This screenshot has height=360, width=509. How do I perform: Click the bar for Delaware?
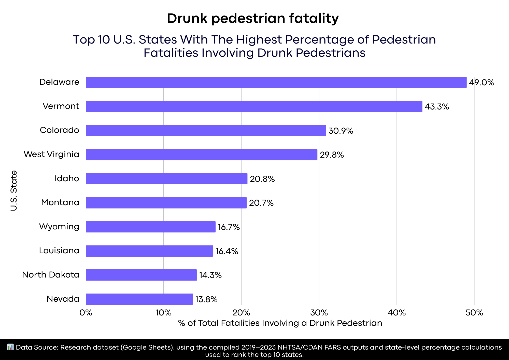276,82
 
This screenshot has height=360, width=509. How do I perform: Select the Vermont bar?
254,106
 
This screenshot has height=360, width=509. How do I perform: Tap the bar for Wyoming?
151,227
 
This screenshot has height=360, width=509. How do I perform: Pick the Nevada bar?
139,299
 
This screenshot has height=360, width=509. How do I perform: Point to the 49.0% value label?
482,82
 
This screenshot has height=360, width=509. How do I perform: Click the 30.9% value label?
341,131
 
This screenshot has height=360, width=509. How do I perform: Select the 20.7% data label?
261,203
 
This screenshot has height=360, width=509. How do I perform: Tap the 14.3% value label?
210,275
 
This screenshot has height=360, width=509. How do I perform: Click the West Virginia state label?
51,154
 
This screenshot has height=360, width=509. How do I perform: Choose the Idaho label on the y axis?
67,178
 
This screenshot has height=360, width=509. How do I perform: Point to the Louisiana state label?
59,251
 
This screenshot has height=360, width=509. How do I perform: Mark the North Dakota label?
51,275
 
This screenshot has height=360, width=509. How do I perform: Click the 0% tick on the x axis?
86,313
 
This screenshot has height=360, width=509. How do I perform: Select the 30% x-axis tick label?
319,313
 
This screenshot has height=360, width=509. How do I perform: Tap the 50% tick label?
474,313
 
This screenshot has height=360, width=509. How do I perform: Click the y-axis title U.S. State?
14,191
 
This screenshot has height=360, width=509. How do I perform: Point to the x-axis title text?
280,323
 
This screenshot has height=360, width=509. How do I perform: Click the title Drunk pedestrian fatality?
253,18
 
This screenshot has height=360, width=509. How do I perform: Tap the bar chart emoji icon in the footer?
10,347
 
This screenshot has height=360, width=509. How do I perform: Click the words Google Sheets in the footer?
147,348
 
